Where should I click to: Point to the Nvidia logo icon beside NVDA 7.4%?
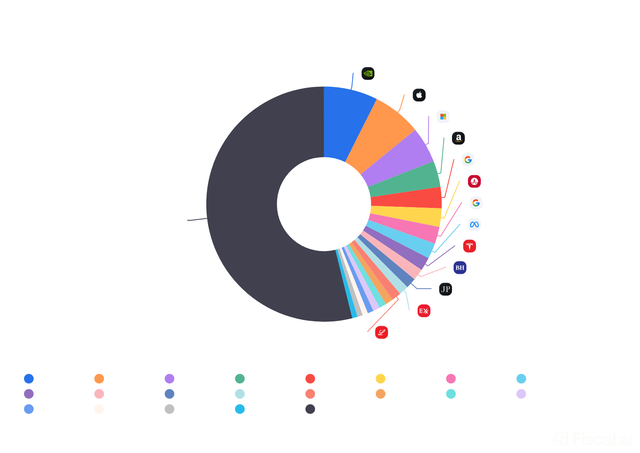(368, 74)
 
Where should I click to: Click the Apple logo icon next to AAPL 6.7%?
(419, 95)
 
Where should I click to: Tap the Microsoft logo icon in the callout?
(443, 117)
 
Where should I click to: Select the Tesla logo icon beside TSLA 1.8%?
(469, 246)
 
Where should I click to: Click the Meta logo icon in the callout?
(474, 224)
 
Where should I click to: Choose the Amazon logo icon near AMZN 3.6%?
(458, 138)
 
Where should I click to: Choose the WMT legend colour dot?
(451, 394)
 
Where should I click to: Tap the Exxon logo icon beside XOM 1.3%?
(424, 311)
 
